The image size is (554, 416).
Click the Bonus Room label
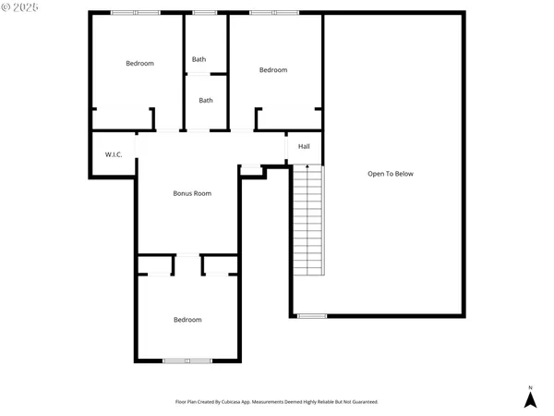point(192,193)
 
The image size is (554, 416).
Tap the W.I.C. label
point(114,154)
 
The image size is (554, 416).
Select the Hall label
point(304,146)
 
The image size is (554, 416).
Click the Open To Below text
point(391,174)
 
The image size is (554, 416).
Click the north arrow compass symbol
point(530,399)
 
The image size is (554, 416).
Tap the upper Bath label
point(199,60)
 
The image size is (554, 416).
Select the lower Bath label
point(206,101)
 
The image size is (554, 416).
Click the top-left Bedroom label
point(140,63)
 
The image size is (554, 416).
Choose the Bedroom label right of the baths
point(273,70)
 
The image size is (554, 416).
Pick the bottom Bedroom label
point(187,320)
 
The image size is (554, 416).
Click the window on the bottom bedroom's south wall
point(187,361)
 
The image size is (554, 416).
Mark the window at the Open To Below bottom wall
point(312,316)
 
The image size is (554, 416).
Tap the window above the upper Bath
point(205,12)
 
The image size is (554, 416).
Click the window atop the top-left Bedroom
point(136,12)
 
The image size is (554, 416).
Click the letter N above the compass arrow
point(530,386)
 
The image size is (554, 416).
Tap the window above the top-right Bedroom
point(273,12)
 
